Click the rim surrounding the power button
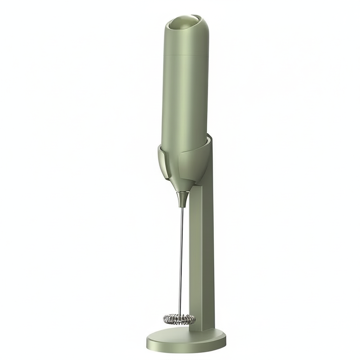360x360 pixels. (x=173, y=22)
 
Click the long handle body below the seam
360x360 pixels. (x=185, y=98)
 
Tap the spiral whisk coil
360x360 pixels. (x=179, y=319)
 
